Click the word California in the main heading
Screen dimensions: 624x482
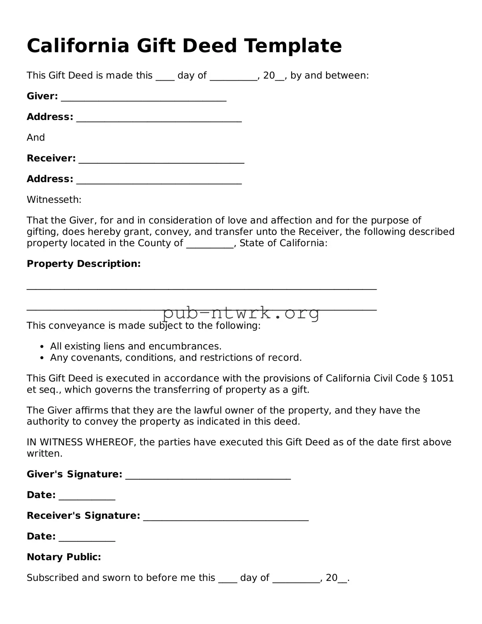point(78,45)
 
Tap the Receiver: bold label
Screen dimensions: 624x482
point(51,158)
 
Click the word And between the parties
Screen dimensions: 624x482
point(36,137)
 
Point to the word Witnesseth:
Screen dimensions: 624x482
point(54,200)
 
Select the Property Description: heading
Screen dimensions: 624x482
point(84,264)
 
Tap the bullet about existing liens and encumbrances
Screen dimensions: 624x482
point(136,346)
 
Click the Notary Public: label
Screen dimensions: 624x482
point(64,557)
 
